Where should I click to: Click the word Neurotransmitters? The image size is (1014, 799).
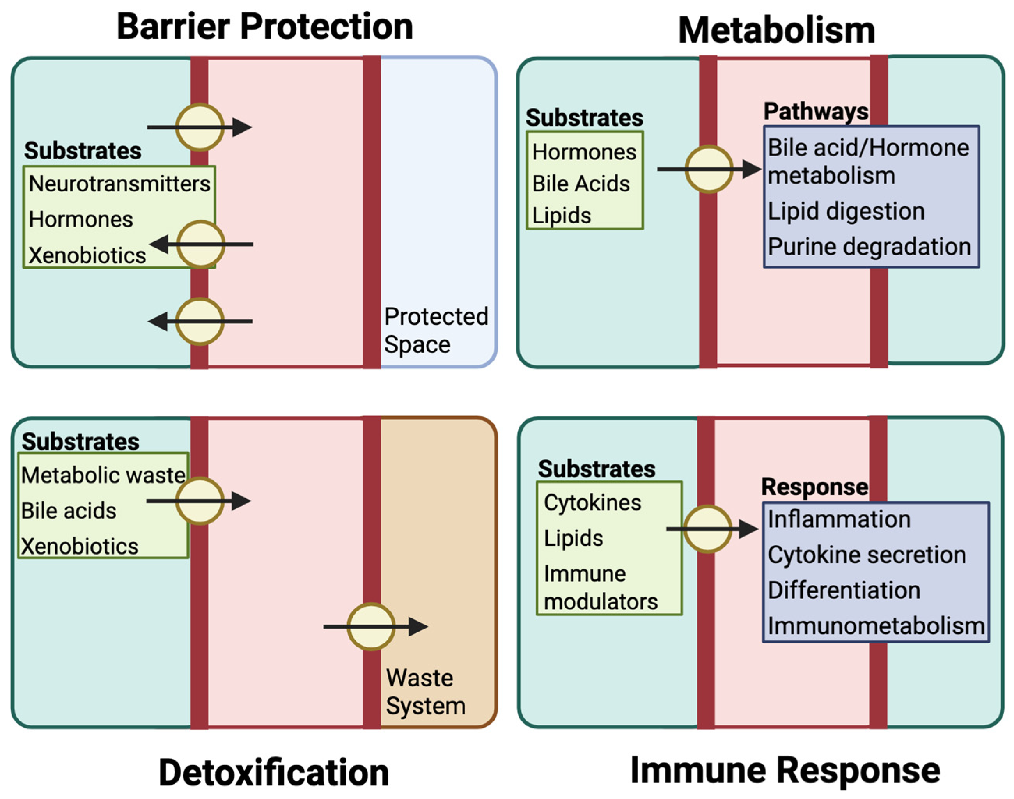click(119, 184)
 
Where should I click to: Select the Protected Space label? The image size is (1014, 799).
click(436, 330)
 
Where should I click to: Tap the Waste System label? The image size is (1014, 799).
click(425, 691)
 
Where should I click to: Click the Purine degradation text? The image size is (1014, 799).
click(869, 247)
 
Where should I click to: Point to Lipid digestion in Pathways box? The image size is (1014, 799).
click(846, 211)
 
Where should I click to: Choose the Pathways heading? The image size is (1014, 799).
click(815, 112)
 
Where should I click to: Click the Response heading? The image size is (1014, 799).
click(815, 487)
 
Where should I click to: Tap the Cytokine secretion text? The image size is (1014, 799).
click(867, 555)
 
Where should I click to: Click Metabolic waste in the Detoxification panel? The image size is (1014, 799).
click(103, 476)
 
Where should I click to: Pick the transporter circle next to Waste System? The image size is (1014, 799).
click(371, 626)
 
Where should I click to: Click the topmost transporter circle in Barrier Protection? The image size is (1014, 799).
click(200, 127)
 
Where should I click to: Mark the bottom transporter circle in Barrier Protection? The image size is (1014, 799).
click(200, 321)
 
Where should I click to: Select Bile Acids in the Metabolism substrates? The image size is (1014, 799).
click(581, 184)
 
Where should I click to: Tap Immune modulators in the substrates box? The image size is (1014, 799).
click(600, 588)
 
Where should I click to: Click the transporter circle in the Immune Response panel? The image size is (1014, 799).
click(707, 529)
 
